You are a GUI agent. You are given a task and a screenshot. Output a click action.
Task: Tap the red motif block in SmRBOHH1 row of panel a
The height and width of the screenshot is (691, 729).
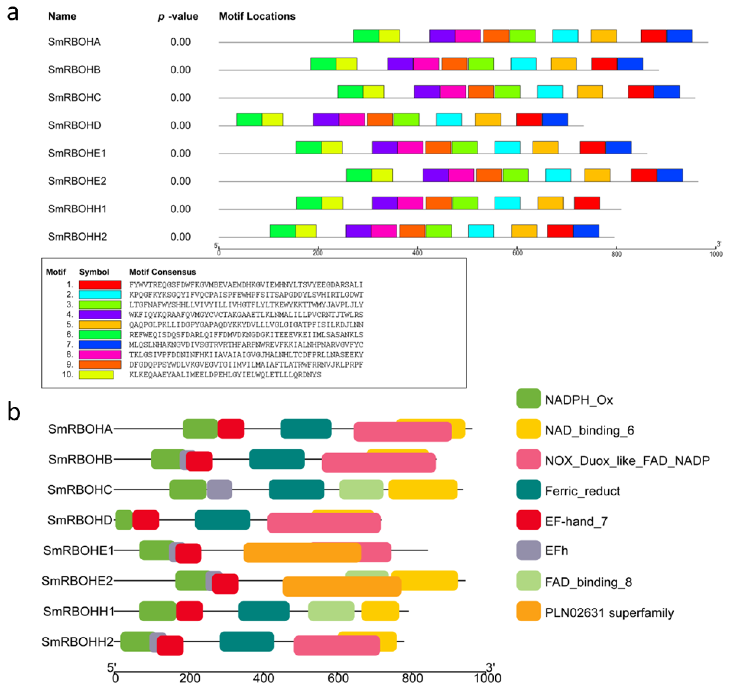pos(587,203)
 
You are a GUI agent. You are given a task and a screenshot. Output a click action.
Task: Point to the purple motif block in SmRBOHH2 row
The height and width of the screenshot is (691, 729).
pos(358,231)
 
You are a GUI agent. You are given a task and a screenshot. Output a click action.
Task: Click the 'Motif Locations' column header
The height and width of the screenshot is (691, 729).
pos(257,16)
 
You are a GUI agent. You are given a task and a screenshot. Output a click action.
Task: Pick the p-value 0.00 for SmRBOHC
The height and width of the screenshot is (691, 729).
pos(180,98)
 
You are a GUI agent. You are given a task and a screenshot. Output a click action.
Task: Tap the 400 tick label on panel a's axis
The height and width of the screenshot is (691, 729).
pos(417,253)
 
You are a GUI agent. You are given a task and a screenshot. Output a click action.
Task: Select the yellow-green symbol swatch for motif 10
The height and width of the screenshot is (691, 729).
pos(96,375)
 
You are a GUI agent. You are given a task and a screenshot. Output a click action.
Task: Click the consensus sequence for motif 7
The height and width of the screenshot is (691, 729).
pos(246,345)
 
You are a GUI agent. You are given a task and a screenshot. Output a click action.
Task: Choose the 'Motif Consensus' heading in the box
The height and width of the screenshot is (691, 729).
pos(162,272)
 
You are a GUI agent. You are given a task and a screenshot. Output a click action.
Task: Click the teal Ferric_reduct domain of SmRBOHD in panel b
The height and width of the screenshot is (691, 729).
pos(222,520)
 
